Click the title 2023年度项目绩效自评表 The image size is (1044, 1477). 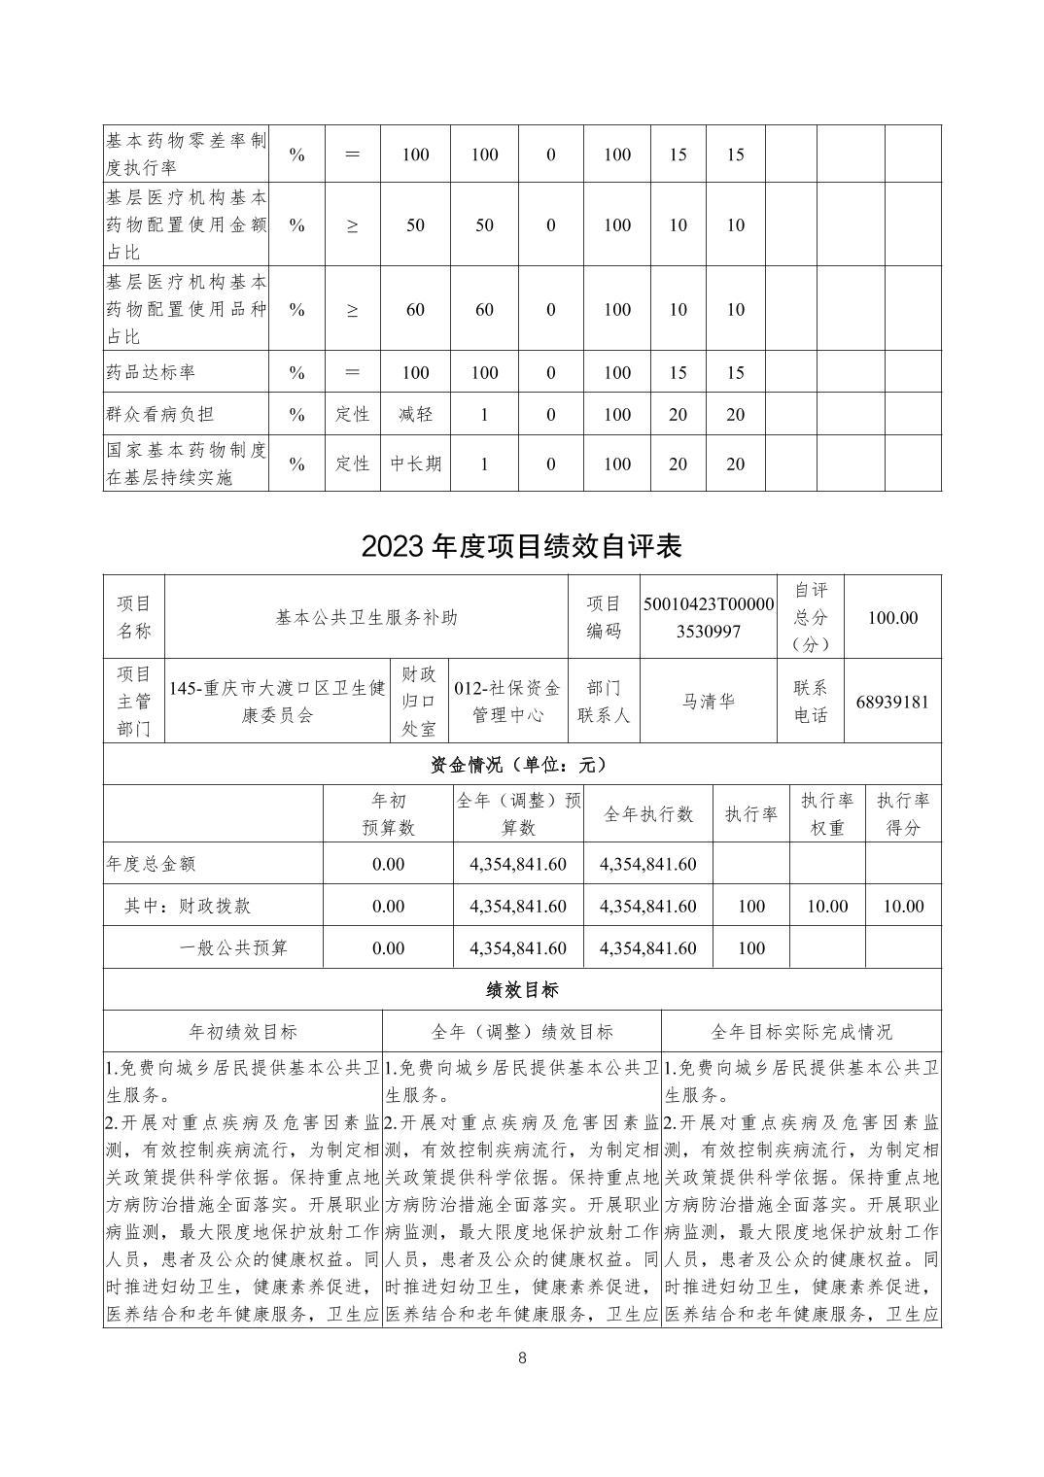pos(522,546)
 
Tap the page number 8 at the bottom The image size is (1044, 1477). pos(522,1358)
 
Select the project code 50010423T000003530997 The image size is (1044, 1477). pos(709,617)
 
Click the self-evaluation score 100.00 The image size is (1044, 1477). pos(892,617)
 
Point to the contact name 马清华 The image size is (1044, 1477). pos(709,702)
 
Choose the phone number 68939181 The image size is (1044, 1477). pos(892,702)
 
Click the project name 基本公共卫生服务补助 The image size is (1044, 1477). pos(366,617)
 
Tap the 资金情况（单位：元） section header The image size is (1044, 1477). pos(522,765)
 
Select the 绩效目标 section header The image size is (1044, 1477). pos(522,990)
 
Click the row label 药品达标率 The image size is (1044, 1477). pos(151,372)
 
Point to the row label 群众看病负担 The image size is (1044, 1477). pos(159,414)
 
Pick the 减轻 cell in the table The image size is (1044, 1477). pos(415,414)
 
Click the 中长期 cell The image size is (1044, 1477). pos(415,464)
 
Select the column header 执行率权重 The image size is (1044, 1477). pos(826,814)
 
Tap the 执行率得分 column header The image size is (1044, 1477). pos(902,814)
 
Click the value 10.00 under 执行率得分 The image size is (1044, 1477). pos(902,907)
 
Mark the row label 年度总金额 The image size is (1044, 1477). pos(151,864)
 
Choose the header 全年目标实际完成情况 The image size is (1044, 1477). pos(801,1032)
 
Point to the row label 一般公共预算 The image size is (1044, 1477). pos(233,948)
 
